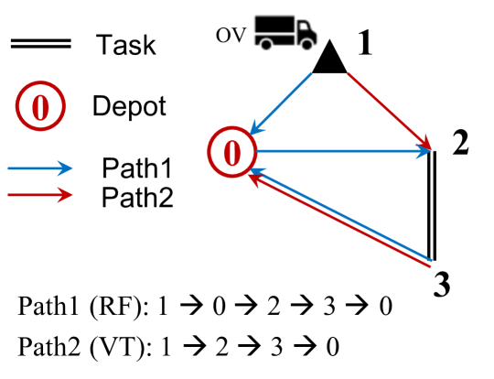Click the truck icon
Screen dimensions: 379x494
tap(285, 32)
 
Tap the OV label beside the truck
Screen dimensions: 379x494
tap(231, 35)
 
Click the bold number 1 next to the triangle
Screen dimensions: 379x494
tap(364, 44)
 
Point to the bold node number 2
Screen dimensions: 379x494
tap(460, 142)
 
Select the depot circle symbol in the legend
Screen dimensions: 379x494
tap(40, 107)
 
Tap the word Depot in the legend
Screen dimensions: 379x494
tap(129, 106)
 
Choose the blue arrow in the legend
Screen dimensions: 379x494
tap(38, 168)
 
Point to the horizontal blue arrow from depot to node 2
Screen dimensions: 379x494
tap(343, 152)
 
